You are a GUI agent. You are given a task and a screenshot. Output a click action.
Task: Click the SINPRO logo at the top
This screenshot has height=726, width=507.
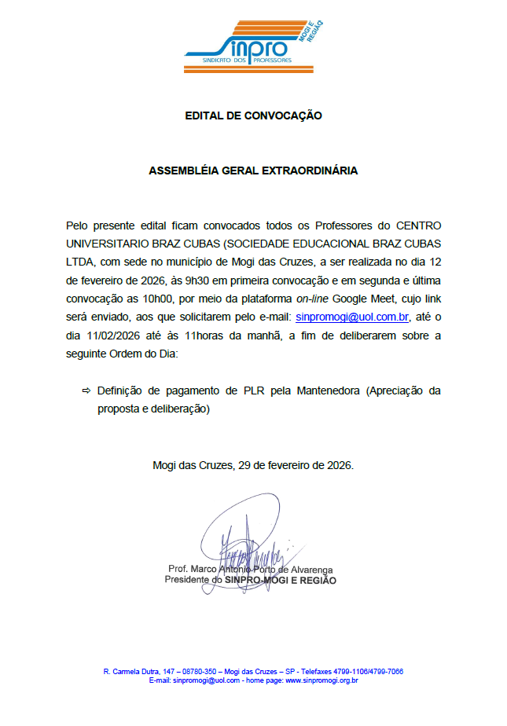pyautogui.click(x=253, y=38)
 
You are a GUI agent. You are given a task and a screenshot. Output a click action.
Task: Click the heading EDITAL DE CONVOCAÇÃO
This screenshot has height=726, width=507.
pyautogui.click(x=253, y=115)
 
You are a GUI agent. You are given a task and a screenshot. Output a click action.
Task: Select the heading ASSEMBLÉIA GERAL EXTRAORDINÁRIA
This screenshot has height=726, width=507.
pyautogui.click(x=253, y=170)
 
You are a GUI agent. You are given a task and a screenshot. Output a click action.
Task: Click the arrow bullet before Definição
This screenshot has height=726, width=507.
pyautogui.click(x=86, y=390)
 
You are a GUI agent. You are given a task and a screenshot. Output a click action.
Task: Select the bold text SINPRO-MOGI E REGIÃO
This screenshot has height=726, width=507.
pyautogui.click(x=281, y=580)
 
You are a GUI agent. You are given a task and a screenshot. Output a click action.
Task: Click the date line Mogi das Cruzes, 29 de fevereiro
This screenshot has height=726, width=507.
pyautogui.click(x=253, y=465)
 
